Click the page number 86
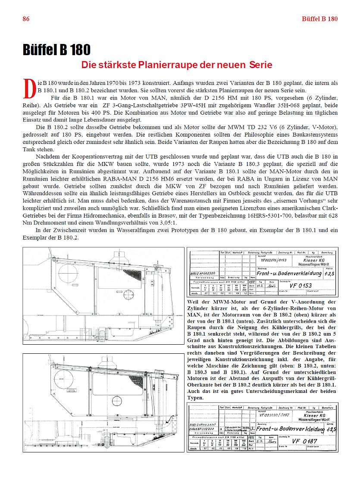(x=26, y=19)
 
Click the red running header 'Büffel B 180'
(x=319, y=19)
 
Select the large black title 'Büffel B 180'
(x=56, y=50)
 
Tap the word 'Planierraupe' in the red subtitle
(x=165, y=65)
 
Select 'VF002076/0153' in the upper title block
(x=274, y=260)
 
